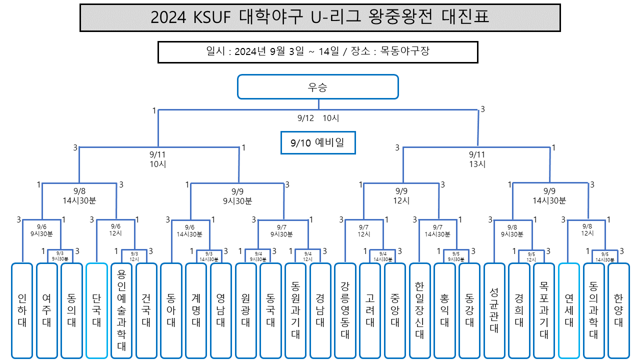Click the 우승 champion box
click(317, 87)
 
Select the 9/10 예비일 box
click(317, 143)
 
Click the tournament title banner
click(320, 18)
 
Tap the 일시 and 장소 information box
click(317, 51)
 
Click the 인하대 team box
click(22, 310)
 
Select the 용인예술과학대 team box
click(121, 310)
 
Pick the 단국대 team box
click(96, 310)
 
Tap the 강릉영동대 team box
click(345, 310)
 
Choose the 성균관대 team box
click(494, 310)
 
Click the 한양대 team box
click(618, 310)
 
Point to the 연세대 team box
click(568, 310)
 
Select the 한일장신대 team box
click(419, 310)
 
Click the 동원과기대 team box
click(295, 310)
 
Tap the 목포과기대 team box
click(543, 310)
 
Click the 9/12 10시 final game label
click(318, 118)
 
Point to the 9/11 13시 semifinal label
click(477, 159)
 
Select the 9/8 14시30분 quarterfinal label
click(79, 195)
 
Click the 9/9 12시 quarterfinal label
click(402, 195)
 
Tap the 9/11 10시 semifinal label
click(157, 159)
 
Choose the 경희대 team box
click(519, 310)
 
